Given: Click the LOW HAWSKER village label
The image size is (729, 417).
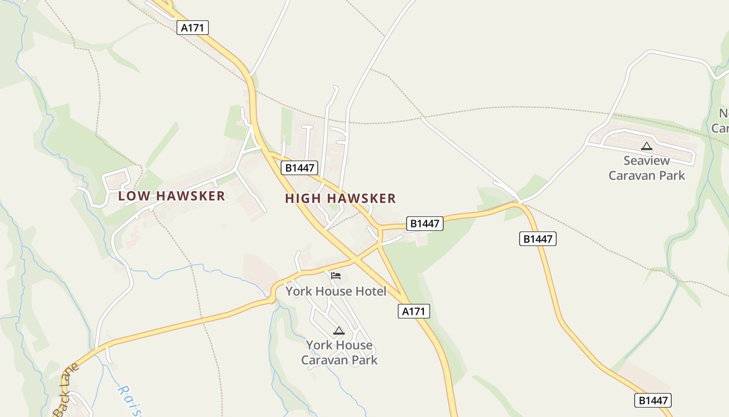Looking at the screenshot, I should [171, 196].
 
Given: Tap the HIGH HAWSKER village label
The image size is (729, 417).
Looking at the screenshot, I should [341, 199].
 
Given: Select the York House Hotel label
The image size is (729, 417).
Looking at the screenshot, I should [336, 291].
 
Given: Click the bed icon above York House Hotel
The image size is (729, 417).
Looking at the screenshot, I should [336, 275].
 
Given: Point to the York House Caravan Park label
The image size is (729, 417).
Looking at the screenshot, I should [339, 352].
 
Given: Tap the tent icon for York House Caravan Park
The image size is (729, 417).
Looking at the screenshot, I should [339, 330].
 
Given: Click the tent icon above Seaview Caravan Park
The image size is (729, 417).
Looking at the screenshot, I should [647, 146].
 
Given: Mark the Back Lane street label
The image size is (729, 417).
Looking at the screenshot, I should [67, 390].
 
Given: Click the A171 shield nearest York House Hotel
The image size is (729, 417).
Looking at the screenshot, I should [414, 312].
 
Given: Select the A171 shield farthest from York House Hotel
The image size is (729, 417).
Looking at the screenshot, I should [193, 28].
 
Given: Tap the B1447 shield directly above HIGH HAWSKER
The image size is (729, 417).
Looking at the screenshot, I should [299, 168].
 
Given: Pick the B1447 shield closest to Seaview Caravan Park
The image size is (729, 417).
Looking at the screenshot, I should [538, 239].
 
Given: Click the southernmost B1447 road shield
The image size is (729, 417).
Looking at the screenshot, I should [652, 400].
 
